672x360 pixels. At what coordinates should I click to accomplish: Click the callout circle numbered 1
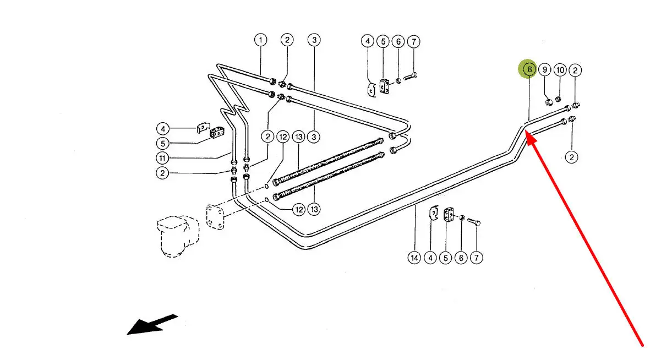tap(260, 40)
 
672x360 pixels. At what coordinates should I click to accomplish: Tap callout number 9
tap(544, 69)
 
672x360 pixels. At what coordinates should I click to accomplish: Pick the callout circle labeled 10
tap(560, 70)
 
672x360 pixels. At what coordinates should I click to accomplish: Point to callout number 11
tap(162, 158)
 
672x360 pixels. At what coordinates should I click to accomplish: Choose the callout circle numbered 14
tap(414, 258)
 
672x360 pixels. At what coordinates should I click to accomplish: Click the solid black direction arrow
tap(152, 325)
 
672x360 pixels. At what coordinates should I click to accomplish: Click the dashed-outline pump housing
tap(178, 236)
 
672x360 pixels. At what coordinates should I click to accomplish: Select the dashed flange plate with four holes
tap(215, 217)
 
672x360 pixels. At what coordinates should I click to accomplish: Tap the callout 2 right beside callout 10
tap(575, 70)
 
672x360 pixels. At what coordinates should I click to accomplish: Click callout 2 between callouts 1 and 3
tap(287, 40)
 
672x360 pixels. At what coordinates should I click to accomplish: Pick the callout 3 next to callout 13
tap(314, 137)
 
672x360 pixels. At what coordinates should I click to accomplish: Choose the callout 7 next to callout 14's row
tap(477, 258)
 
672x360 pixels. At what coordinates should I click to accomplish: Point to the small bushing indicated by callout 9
tap(549, 102)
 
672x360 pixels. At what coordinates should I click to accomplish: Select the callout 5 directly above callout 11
tap(162, 144)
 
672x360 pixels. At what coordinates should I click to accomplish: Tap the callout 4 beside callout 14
tap(430, 258)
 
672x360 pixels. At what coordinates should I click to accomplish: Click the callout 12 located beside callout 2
tap(283, 137)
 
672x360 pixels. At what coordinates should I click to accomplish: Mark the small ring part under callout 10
tap(558, 99)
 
